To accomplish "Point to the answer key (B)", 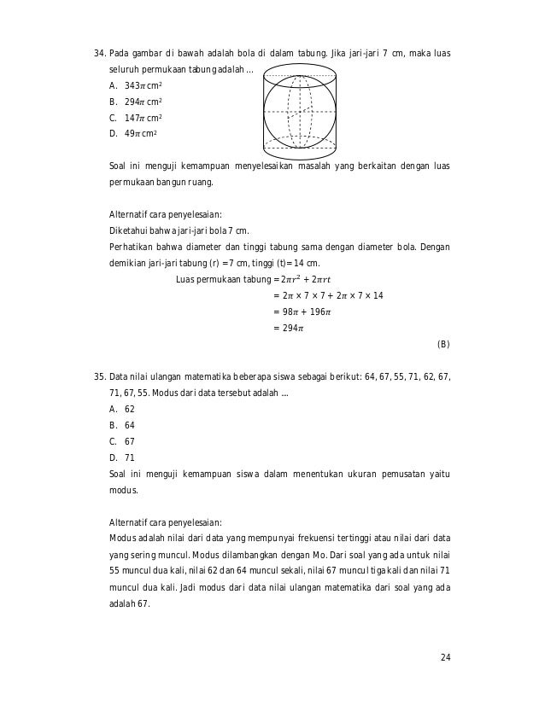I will [442, 344].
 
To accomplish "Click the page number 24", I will [445, 656].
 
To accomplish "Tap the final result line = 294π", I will [289, 328].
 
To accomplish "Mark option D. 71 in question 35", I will [123, 457].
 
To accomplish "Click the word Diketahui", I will [130, 231].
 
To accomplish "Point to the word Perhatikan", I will [132, 248].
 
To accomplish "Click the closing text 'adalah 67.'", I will [129, 604].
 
